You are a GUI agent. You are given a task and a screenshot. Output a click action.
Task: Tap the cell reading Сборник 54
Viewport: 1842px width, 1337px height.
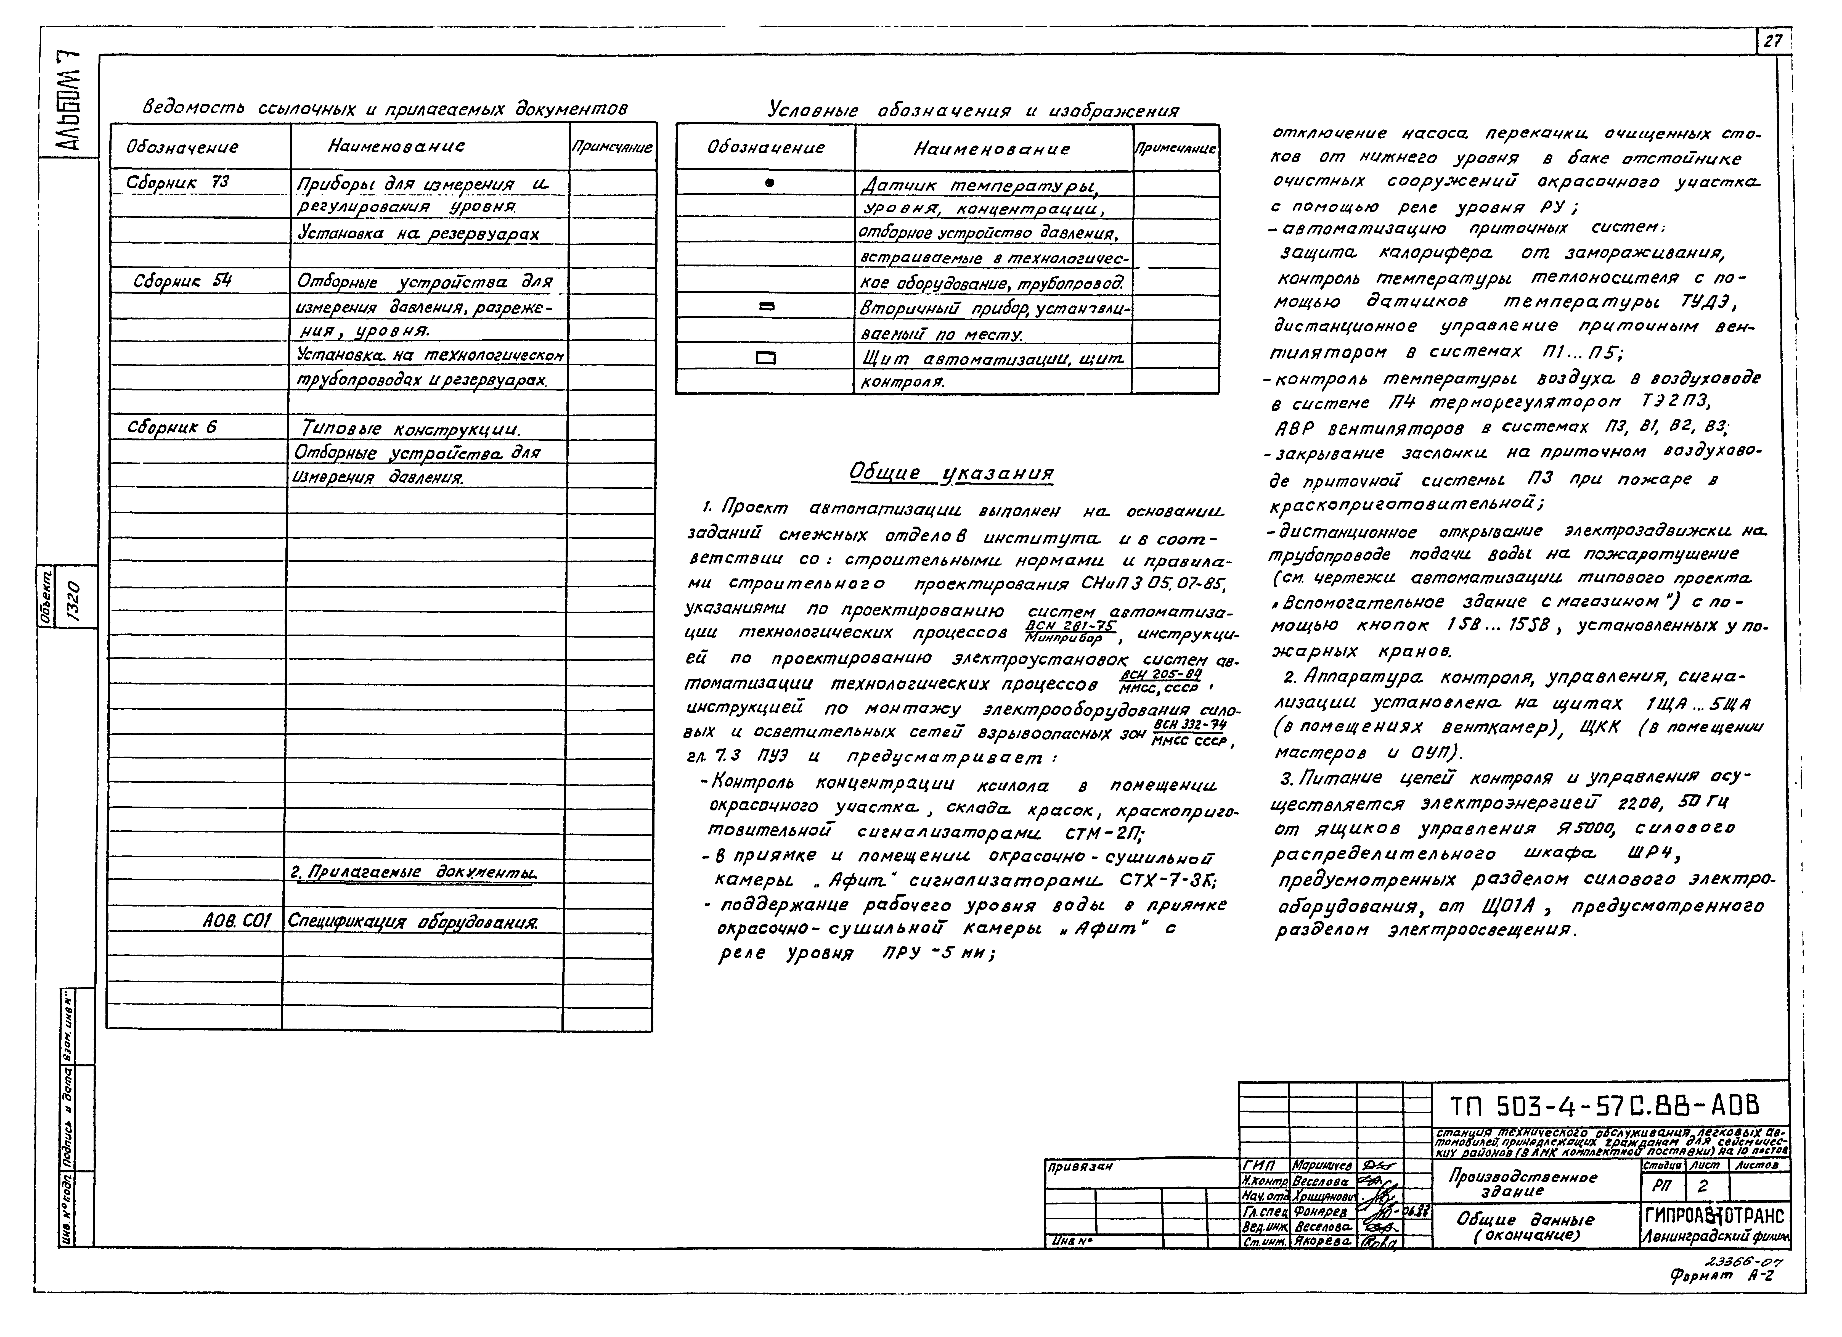click(183, 281)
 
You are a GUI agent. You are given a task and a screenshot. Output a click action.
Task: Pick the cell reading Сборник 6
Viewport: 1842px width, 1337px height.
click(172, 427)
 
